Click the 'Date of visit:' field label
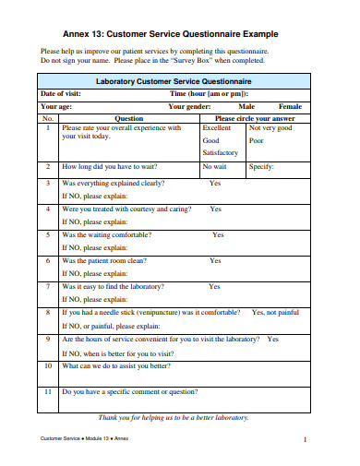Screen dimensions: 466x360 (61, 94)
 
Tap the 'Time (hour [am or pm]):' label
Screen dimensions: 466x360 (208, 94)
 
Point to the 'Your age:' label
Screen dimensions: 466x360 (58, 106)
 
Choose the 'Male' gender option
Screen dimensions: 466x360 (247, 106)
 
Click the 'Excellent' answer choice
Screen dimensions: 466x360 (217, 128)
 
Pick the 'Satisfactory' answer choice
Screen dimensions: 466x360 (221, 152)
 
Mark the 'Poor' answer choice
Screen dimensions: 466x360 (257, 140)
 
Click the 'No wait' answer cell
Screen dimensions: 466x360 (214, 167)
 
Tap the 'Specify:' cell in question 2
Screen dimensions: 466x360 (261, 167)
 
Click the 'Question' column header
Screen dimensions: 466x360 (128, 118)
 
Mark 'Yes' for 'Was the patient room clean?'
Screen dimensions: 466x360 (215, 261)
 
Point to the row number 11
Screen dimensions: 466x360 (47, 391)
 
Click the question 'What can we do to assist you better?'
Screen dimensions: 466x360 (116, 365)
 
